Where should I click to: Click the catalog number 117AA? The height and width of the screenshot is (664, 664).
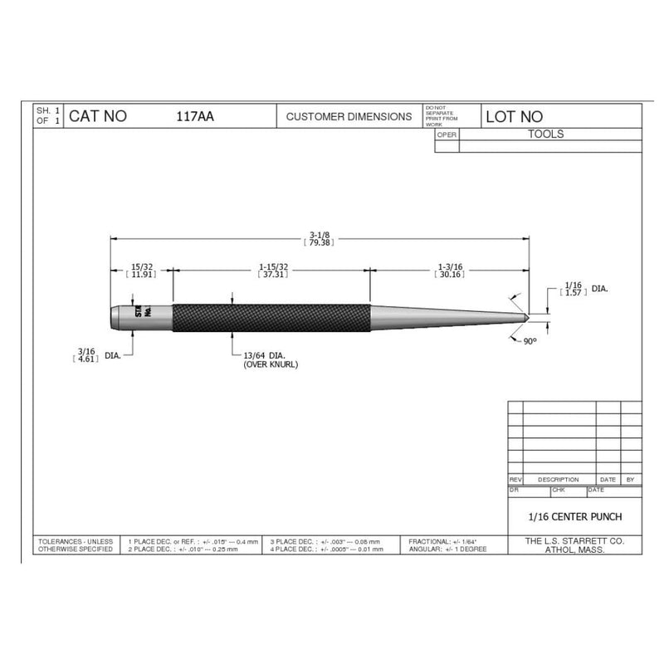click(195, 117)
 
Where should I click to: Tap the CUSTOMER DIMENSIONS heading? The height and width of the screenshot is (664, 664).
click(349, 117)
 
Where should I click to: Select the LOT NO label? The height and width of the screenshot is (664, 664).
click(514, 117)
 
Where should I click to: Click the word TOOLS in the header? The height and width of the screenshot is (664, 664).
click(545, 134)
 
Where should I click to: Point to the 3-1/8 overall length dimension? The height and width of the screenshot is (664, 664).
click(320, 237)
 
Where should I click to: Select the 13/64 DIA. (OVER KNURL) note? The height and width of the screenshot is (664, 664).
click(270, 359)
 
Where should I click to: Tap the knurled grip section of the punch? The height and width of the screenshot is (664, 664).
click(270, 314)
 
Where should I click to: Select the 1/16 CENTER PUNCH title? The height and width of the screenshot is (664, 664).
click(574, 516)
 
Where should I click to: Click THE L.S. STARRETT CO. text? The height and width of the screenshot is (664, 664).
click(574, 540)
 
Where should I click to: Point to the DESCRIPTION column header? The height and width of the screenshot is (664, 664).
click(558, 480)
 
